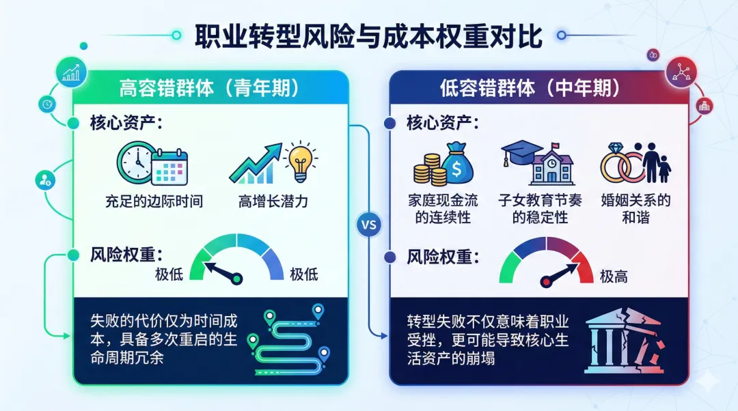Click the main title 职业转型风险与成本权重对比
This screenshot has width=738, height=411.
click(x=368, y=36)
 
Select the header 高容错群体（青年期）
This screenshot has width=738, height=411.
click(x=211, y=88)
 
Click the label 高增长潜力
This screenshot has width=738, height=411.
click(x=273, y=201)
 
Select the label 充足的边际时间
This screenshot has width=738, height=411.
click(x=154, y=201)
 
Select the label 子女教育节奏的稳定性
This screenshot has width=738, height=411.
click(x=540, y=209)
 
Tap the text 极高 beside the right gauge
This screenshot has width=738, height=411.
click(x=614, y=276)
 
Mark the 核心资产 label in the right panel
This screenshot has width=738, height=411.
click(x=441, y=124)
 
